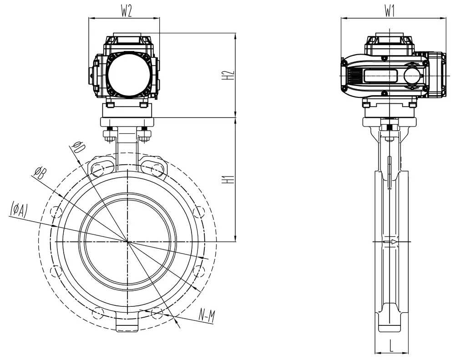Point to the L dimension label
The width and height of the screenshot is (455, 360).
[x=391, y=346]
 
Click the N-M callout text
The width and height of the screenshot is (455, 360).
[x=207, y=315]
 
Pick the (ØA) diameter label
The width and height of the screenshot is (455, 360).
[x=19, y=210]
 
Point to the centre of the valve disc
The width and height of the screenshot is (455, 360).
[x=128, y=241]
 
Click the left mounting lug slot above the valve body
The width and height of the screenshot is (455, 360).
[x=102, y=169]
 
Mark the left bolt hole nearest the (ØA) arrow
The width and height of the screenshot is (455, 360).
[x=56, y=212]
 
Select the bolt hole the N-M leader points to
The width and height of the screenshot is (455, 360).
[x=157, y=312]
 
